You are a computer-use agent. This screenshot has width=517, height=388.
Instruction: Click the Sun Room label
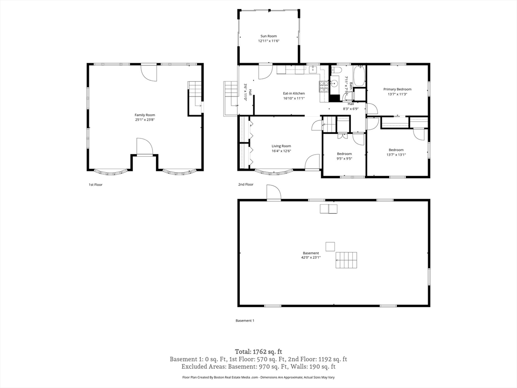[269, 36]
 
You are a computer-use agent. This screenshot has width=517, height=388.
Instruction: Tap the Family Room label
[145, 115]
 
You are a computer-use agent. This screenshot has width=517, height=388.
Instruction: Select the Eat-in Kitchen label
[294, 93]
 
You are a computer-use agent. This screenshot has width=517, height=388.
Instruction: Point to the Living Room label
[281, 146]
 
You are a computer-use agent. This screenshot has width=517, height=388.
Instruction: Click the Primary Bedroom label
[397, 89]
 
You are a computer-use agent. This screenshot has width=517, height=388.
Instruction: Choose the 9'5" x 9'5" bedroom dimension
[344, 158]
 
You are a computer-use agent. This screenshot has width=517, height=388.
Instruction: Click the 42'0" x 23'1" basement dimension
[311, 258]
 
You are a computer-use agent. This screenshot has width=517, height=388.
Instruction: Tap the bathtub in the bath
[359, 76]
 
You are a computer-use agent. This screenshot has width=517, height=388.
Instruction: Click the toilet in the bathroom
[336, 70]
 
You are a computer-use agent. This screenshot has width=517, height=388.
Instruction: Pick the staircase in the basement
[346, 260]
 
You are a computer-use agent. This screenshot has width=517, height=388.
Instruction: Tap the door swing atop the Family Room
[149, 73]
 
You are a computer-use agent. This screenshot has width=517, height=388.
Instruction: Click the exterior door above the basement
[273, 192]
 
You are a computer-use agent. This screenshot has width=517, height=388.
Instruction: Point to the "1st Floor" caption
[95, 185]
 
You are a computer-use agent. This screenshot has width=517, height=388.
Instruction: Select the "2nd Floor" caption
[246, 184]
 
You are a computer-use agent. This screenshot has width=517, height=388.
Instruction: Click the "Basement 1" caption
[245, 320]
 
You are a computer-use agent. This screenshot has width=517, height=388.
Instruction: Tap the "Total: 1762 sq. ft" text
[258, 352]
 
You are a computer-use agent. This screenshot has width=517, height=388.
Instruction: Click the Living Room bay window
[274, 172]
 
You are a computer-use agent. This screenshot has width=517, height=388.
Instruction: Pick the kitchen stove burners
[323, 86]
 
